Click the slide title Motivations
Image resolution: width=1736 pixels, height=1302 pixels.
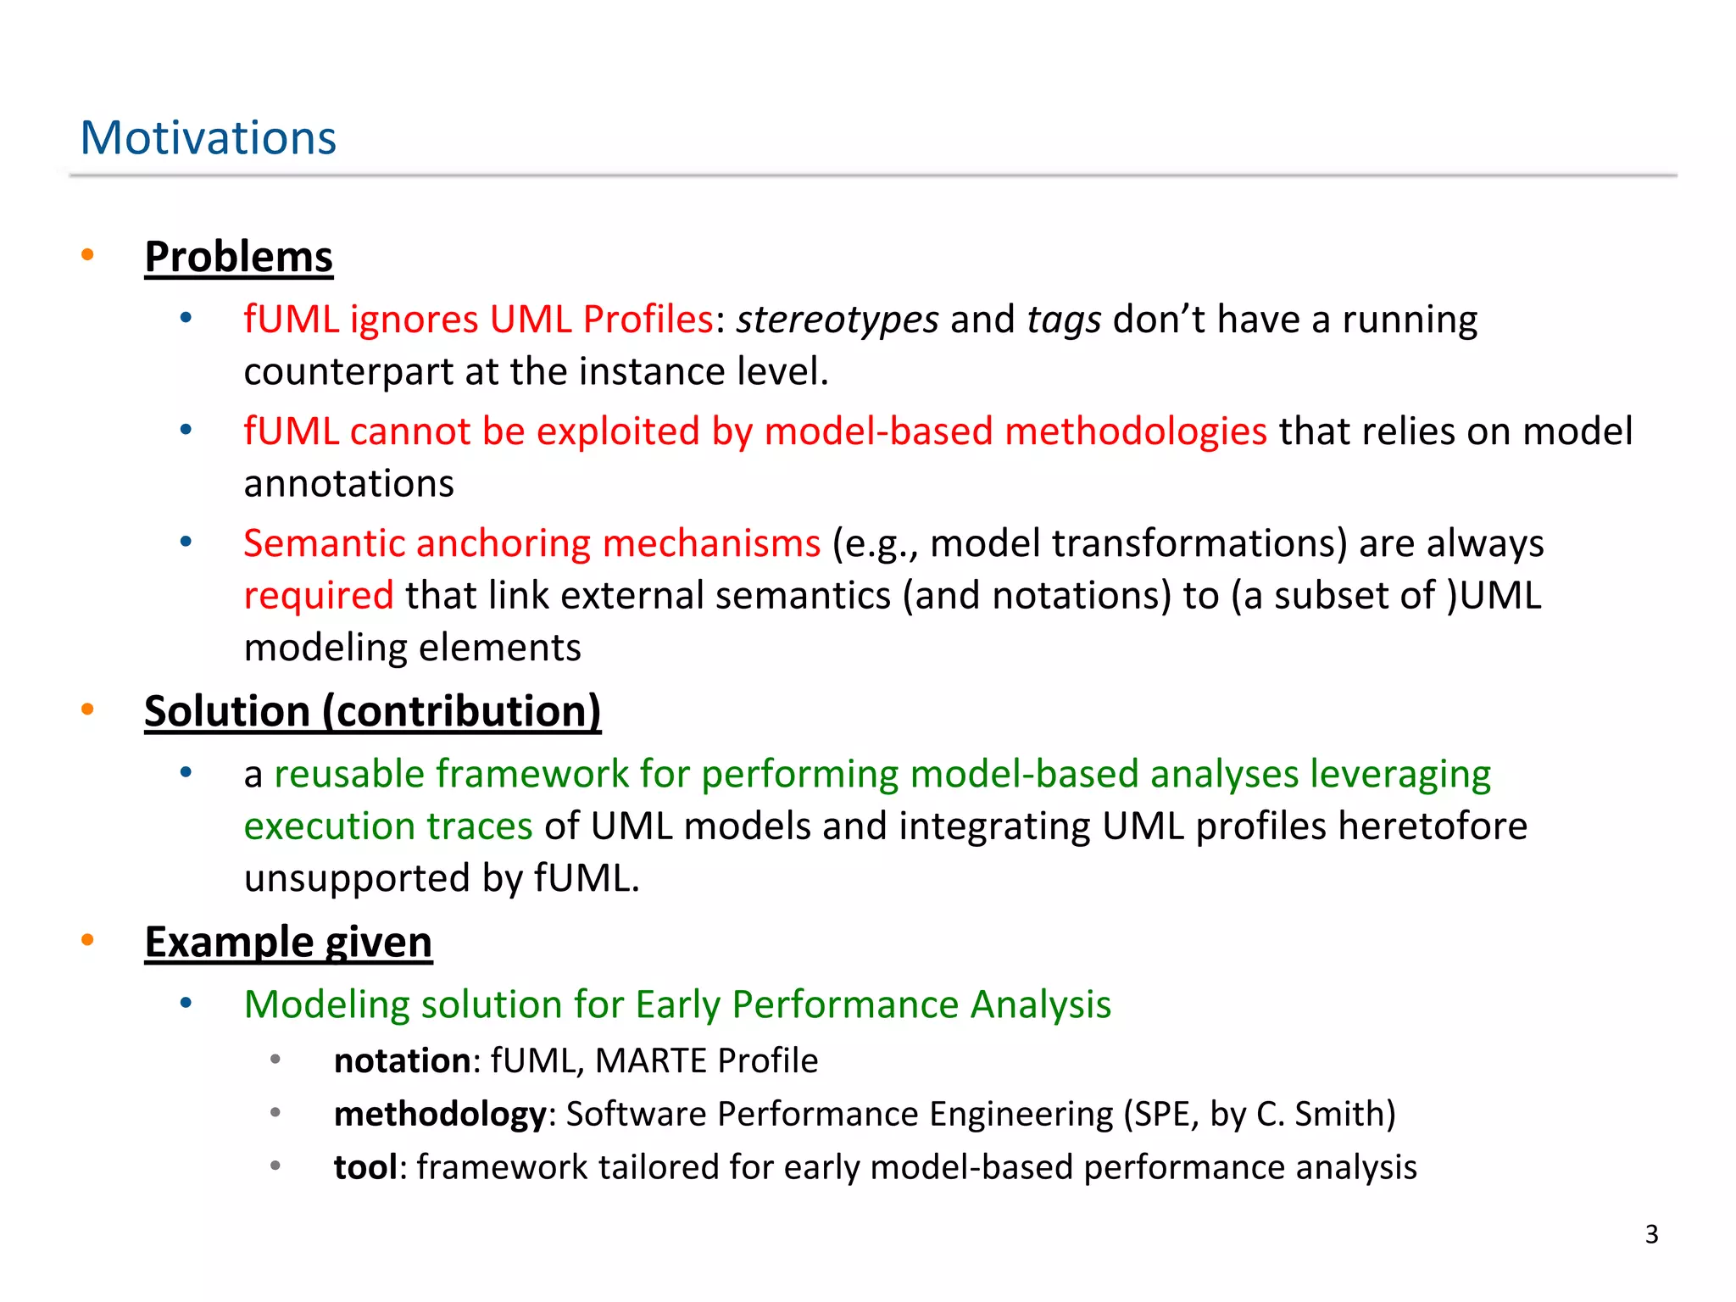point(208,137)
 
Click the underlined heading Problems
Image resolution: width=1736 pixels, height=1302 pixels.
point(238,257)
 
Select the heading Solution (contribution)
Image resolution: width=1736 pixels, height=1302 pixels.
point(372,710)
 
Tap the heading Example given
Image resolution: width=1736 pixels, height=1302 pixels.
point(288,942)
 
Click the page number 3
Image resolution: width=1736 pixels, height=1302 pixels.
point(1651,1234)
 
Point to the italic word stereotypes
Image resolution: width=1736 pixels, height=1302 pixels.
point(837,320)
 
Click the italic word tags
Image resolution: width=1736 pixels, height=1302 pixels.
point(1063,320)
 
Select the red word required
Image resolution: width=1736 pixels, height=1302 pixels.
point(318,596)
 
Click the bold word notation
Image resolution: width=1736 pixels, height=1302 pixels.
point(402,1061)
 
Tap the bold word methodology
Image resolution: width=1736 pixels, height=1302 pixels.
point(439,1115)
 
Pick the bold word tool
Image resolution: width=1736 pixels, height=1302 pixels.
point(364,1168)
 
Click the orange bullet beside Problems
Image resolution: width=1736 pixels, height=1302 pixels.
point(87,255)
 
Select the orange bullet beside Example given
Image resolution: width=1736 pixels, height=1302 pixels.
point(87,940)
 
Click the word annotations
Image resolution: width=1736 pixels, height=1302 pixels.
point(348,484)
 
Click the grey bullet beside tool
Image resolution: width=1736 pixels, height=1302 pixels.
point(275,1166)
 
